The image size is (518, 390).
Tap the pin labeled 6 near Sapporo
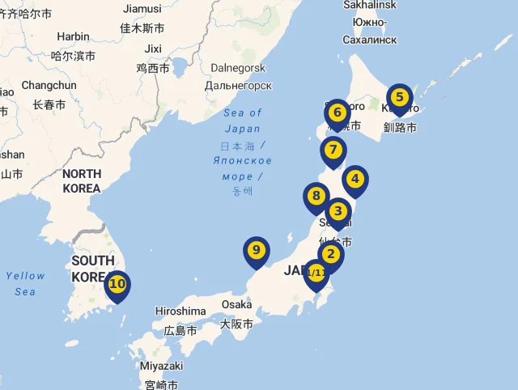pyautogui.click(x=338, y=113)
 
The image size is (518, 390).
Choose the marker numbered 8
pyautogui.click(x=316, y=197)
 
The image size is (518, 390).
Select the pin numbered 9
pyautogui.click(x=257, y=251)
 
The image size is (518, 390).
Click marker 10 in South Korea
pyautogui.click(x=118, y=284)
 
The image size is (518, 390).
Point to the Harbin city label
pyautogui.click(x=74, y=36)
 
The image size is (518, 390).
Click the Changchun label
pyautogui.click(x=49, y=85)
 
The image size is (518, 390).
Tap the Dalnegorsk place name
pyautogui.click(x=237, y=68)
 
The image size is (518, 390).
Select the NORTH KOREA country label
pyautogui.click(x=82, y=181)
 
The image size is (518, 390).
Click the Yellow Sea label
pyautogui.click(x=25, y=283)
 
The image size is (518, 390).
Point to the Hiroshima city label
pyautogui.click(x=180, y=311)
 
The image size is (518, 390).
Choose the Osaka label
pyautogui.click(x=237, y=304)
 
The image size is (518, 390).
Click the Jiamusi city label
pyautogui.click(x=142, y=8)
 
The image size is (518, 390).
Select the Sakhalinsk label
pyautogui.click(x=370, y=5)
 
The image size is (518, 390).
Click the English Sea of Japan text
pyautogui.click(x=243, y=121)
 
